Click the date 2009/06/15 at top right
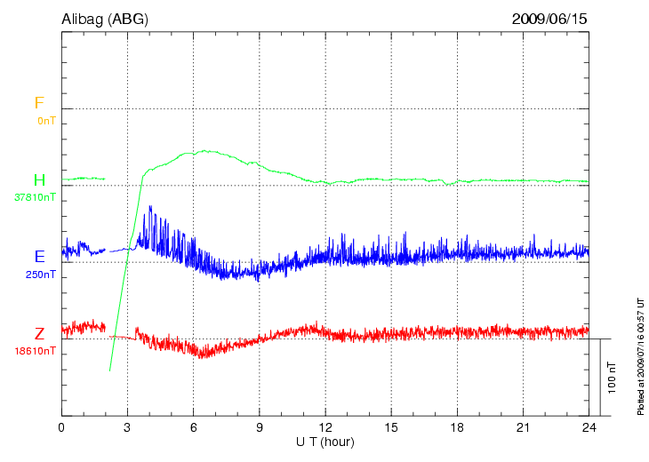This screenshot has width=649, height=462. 549,18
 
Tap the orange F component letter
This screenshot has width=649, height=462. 38,103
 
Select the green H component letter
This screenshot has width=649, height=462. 39,180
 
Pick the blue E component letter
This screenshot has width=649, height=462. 39,257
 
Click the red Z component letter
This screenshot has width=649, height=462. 39,334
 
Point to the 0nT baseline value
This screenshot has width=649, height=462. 46,120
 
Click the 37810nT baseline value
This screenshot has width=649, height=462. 35,197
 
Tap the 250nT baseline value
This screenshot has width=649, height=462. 41,275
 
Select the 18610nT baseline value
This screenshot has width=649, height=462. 35,351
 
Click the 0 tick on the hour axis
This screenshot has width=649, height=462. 61,428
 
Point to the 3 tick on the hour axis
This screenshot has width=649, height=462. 127,428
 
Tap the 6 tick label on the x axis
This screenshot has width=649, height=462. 193,428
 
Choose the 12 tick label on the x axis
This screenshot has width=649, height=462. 325,428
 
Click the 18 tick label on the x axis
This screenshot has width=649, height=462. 457,428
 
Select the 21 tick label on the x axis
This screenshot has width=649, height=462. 523,428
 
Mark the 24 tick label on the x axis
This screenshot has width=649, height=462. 589,428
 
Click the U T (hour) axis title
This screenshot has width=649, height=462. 325,442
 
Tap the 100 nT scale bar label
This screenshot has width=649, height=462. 612,377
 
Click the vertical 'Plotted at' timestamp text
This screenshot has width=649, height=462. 640,354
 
